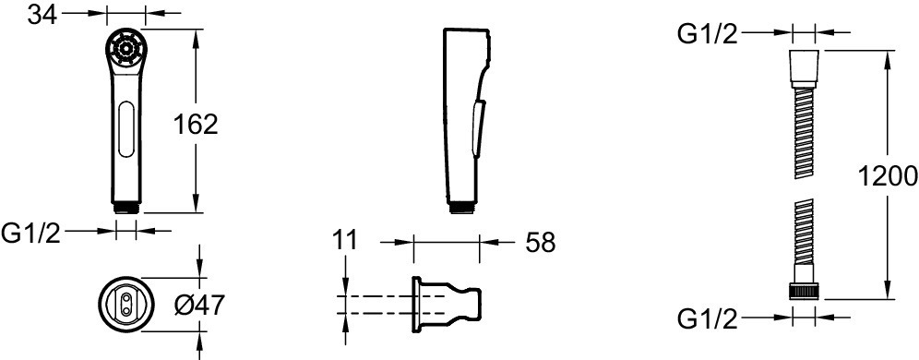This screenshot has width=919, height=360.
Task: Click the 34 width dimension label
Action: pos(42,14)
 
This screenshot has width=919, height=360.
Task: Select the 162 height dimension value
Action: pos(196,125)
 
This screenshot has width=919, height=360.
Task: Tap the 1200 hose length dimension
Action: pos(887,176)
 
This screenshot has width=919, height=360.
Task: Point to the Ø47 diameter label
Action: pos(200,305)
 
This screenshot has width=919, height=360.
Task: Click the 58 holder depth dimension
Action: pos(539,242)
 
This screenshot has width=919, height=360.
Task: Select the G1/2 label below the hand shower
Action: pos(30,234)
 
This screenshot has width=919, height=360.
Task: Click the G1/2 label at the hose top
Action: pos(707,34)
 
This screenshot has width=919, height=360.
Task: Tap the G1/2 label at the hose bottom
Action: pos(707,319)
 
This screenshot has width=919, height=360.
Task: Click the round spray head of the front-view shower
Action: pos(126,47)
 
